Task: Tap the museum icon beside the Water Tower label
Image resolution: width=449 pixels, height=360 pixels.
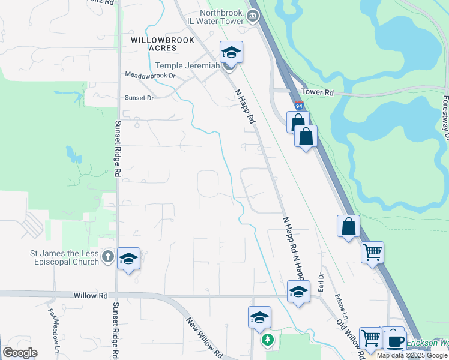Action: pos(253,17)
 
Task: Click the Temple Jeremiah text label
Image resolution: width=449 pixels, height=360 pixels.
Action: pos(187,66)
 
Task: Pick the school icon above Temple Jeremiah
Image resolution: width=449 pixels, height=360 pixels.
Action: pos(231,53)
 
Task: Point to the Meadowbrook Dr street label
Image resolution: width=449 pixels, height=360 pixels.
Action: pos(150,76)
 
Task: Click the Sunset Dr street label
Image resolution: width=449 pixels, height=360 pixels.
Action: pos(139,97)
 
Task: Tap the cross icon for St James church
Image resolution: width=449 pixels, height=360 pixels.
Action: pos(108,257)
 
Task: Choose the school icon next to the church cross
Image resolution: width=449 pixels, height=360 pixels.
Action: pos(128,259)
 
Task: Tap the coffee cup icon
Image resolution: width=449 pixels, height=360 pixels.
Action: pos(394,341)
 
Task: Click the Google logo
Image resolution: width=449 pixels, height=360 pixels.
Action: pos(20,353)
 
